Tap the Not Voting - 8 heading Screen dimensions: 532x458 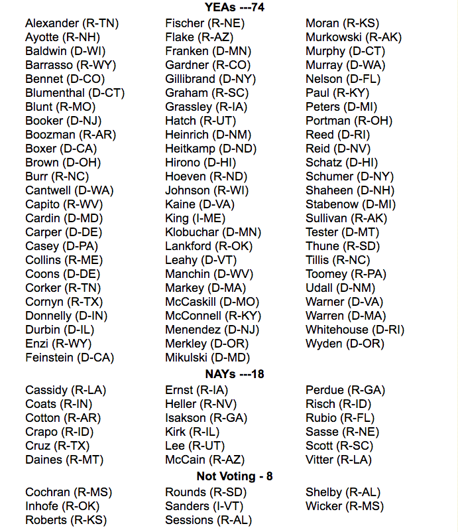[x=234, y=476]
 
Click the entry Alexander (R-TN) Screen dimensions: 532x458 [x=72, y=23]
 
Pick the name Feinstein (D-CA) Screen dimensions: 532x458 [x=70, y=358]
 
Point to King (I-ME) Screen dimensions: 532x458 [x=195, y=218]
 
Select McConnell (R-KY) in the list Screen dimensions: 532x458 [x=213, y=316]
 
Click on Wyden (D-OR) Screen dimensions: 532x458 [x=345, y=344]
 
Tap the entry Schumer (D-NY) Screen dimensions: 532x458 [x=349, y=176]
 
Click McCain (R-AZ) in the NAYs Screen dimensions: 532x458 [x=205, y=460]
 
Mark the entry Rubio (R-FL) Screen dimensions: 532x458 [x=339, y=418]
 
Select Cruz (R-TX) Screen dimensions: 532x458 [x=57, y=446]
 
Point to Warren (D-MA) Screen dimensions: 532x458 [x=345, y=316]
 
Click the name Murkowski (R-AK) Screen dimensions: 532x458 [x=353, y=37]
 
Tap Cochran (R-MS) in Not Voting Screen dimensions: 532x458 [x=68, y=492]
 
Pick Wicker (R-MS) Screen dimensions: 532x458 [x=344, y=506]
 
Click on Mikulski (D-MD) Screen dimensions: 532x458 [x=207, y=358]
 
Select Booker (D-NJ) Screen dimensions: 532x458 [x=62, y=121]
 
